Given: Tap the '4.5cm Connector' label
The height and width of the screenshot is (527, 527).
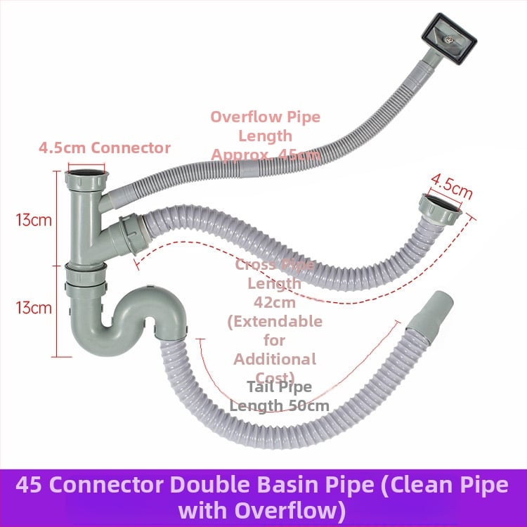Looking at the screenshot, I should [105, 148].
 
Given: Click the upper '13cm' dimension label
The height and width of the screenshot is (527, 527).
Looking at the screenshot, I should [34, 219].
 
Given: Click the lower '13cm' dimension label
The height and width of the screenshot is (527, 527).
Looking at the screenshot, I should [34, 307].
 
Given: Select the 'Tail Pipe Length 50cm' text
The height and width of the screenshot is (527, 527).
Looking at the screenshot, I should [279, 396].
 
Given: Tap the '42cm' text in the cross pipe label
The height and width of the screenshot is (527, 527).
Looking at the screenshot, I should [273, 302].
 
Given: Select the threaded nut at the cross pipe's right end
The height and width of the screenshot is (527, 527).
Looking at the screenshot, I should [438, 209].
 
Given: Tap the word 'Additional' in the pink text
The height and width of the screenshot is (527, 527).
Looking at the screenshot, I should [275, 358].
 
